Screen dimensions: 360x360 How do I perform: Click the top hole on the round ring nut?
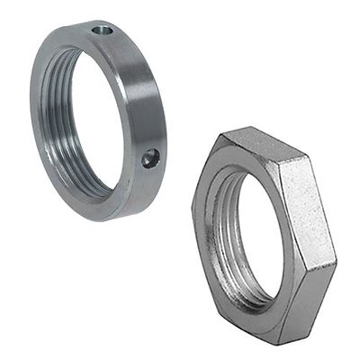coord(104,31)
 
